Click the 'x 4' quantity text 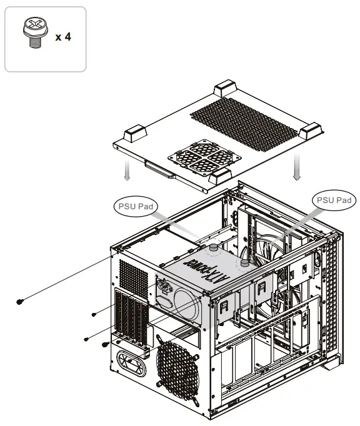point(63,37)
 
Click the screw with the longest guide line point(21,302)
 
